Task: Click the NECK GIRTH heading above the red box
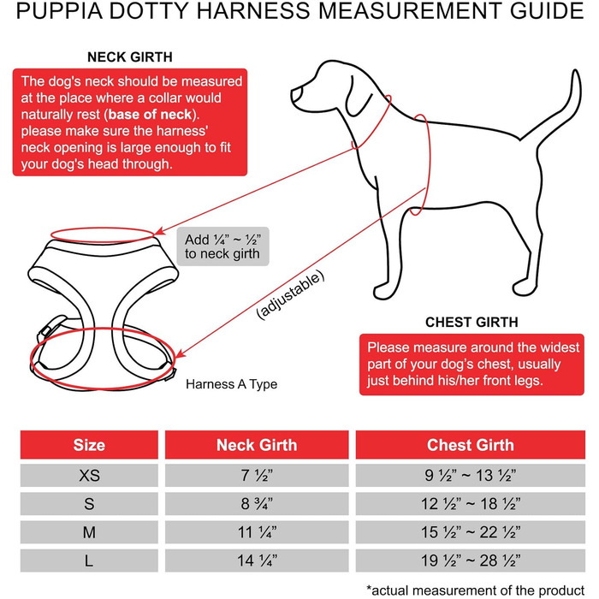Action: (x=130, y=57)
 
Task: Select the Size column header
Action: (x=89, y=445)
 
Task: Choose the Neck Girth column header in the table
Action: (x=257, y=445)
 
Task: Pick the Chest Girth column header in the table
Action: (x=470, y=445)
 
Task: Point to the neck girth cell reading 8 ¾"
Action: (x=257, y=503)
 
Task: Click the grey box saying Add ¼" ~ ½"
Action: (x=222, y=246)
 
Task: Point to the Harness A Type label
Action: (x=231, y=384)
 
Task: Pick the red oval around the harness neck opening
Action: (x=105, y=232)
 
